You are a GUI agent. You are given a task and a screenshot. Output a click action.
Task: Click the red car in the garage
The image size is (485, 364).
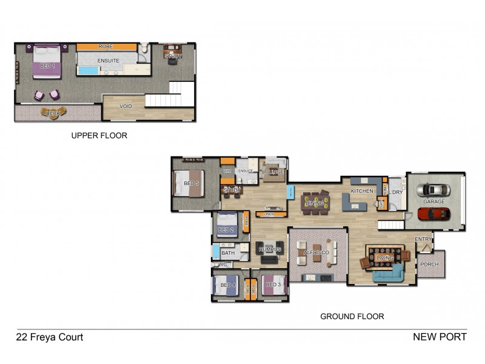[x=434, y=214]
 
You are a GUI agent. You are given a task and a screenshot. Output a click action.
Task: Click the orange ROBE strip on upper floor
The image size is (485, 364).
[x=106, y=46]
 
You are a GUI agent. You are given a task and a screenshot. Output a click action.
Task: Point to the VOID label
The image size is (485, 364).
[x=125, y=106]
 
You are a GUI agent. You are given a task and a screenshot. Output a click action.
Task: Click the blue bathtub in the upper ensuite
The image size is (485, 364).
[x=88, y=71]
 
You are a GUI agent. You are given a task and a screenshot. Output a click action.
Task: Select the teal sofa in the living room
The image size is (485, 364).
[x=389, y=274]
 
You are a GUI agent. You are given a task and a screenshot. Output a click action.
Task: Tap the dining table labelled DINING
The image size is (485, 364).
[x=315, y=203]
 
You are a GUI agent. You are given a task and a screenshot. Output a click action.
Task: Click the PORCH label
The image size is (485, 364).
[x=429, y=265]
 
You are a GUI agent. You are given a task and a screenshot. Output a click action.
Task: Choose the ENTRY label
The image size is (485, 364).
[x=423, y=240]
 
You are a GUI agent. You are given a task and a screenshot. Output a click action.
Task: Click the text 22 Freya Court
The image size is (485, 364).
[x=49, y=337]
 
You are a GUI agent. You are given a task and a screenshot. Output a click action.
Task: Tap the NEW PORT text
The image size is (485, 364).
[x=440, y=337]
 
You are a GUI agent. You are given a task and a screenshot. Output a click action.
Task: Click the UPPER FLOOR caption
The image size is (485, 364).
[x=99, y=136]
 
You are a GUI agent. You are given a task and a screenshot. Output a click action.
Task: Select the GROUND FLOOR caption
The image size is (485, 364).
[x=352, y=316]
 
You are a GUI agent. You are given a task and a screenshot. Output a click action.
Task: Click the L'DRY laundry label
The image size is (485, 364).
[x=395, y=192]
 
